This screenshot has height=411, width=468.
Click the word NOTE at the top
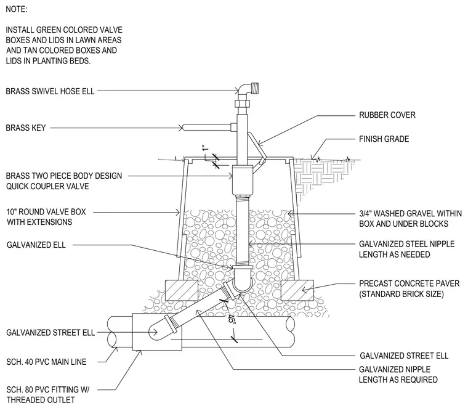pyautogui.click(x=17, y=9)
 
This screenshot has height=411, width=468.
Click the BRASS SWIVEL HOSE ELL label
pyautogui.click(x=50, y=91)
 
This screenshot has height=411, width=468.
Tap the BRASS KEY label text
pyautogui.click(x=26, y=128)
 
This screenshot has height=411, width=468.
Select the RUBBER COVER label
pyautogui.click(x=387, y=115)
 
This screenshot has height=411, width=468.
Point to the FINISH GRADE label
pyautogui.click(x=384, y=139)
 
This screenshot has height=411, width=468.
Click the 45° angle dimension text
pyautogui.click(x=232, y=319)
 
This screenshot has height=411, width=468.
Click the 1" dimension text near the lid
pyautogui.click(x=204, y=148)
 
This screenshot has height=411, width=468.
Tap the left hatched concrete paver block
pyautogui.click(x=181, y=290)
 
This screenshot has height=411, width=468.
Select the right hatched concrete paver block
pyautogui.click(x=297, y=290)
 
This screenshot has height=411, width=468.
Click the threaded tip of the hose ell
pyautogui.click(x=255, y=88)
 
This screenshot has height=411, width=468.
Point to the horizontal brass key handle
pyautogui.click(x=209, y=128)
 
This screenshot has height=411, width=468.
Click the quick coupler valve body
pyautogui.click(x=243, y=180)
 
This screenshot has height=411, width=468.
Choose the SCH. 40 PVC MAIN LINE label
pyautogui.click(x=46, y=362)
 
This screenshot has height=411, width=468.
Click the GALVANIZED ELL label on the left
pyautogui.click(x=36, y=245)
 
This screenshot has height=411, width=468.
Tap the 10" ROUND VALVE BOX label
pyautogui.click(x=46, y=217)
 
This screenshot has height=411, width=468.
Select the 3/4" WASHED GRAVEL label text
pyautogui.click(x=410, y=219)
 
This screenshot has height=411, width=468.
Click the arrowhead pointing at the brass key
pyautogui.click(x=180, y=128)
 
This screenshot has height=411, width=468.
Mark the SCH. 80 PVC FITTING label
pyautogui.click(x=48, y=394)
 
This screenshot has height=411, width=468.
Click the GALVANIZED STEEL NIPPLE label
pyautogui.click(x=406, y=249)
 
